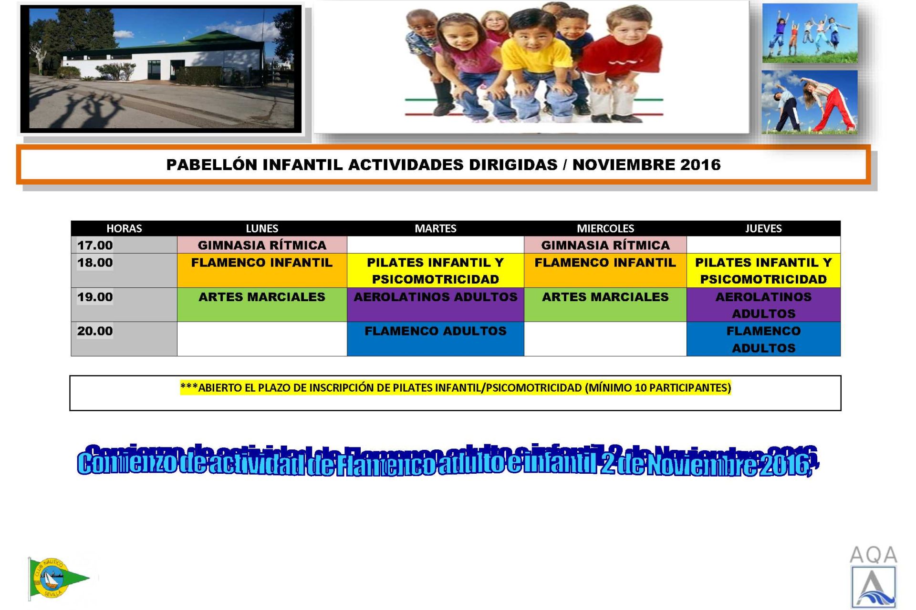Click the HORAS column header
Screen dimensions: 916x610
click(124, 228)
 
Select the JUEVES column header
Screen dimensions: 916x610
click(763, 228)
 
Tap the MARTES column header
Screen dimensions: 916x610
click(435, 228)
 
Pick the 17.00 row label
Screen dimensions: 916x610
click(95, 245)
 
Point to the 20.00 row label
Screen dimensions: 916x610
click(95, 331)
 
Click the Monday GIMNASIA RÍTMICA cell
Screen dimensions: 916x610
click(262, 245)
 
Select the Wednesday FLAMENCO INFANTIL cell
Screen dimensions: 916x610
click(605, 270)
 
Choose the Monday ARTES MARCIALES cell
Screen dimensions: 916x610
click(262, 305)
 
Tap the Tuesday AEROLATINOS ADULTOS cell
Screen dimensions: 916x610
click(435, 305)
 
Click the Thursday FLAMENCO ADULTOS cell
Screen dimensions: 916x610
click(763, 339)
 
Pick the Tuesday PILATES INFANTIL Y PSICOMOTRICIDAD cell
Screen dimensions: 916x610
click(435, 270)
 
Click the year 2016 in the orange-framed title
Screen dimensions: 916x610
click(700, 164)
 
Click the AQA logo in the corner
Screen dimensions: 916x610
click(873, 577)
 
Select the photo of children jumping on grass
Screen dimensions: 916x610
click(810, 33)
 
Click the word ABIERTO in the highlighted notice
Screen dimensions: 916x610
click(220, 387)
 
